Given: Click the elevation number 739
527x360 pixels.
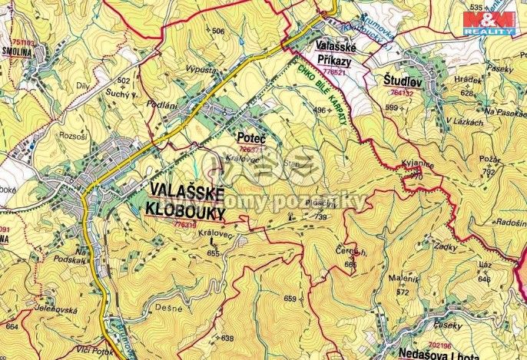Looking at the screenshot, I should coord(320,218).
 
